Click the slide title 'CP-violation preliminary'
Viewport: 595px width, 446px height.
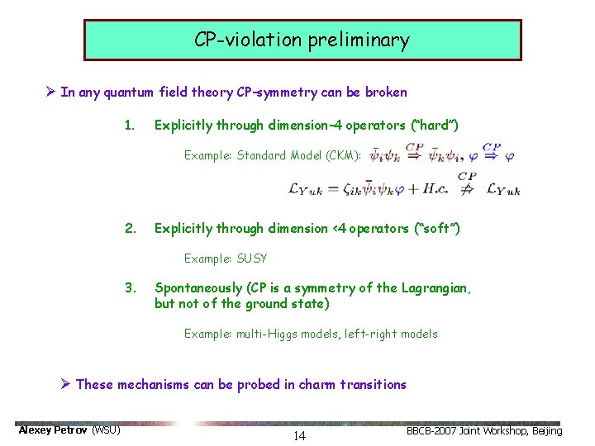[302, 40]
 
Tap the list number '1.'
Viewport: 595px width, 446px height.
[129, 126]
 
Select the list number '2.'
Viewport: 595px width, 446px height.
[129, 228]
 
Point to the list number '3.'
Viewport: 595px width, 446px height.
[129, 288]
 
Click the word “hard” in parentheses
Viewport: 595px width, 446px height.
[432, 126]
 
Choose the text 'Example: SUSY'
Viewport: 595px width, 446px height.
[226, 259]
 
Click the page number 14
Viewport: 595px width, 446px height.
[299, 436]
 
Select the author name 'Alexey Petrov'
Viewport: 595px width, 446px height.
[53, 430]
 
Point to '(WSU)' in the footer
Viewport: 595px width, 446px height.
[106, 430]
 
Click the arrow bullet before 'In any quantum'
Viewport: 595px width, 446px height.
[51, 93]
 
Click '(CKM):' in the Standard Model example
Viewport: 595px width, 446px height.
[342, 155]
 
